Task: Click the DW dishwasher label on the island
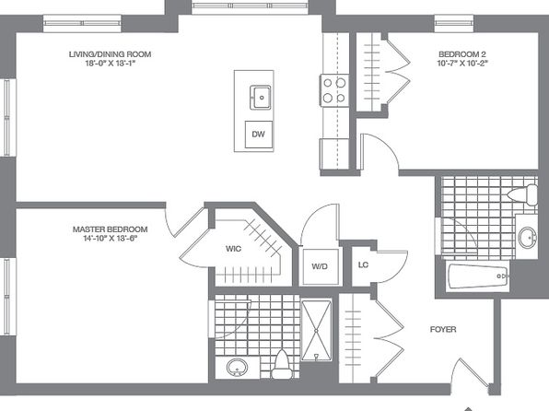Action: point(259,134)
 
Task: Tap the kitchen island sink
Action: point(261,98)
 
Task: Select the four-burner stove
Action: point(334,90)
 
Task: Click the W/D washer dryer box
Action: point(321,266)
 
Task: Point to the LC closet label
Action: point(363,264)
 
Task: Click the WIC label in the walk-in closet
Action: point(233,249)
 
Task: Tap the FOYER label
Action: point(443,329)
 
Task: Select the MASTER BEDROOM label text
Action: point(110,229)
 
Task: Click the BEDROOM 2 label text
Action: point(462,54)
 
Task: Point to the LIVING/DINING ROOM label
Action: point(110,54)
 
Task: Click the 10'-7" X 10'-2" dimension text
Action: point(462,64)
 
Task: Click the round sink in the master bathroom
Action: point(237,368)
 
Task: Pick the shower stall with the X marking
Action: point(316,330)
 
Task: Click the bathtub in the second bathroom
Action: point(478,276)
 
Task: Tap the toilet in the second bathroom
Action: point(522,194)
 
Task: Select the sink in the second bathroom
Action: point(527,237)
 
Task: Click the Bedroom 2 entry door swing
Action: point(380,151)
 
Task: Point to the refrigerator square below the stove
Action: point(334,154)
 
